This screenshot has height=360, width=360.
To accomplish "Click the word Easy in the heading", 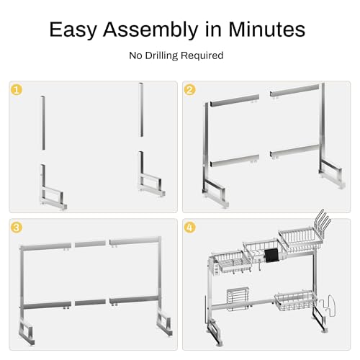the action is click(x=73, y=30).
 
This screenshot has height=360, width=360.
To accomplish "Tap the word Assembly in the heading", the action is click(x=150, y=30).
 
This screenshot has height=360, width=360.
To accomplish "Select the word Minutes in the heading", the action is click(x=266, y=29).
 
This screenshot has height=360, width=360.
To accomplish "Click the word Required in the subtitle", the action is click(x=202, y=55).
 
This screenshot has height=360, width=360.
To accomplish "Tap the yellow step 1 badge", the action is click(x=17, y=90).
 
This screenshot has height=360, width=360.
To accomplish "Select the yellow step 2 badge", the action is click(x=189, y=90).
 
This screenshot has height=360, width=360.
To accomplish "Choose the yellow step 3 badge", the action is click(x=17, y=228).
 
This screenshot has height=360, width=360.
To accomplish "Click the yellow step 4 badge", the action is click(x=189, y=228).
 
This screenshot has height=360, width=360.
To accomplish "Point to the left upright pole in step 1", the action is click(x=43, y=123).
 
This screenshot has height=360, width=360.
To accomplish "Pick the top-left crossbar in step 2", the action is click(x=235, y=100).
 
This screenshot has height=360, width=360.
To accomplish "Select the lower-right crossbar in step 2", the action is click(x=294, y=150).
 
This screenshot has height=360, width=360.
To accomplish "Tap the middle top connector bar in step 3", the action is click(x=90, y=244).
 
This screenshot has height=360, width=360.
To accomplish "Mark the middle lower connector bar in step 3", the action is click(x=90, y=302).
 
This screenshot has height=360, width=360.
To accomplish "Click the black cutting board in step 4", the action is click(x=271, y=256).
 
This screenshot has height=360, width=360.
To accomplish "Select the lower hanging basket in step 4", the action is click(x=296, y=301).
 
